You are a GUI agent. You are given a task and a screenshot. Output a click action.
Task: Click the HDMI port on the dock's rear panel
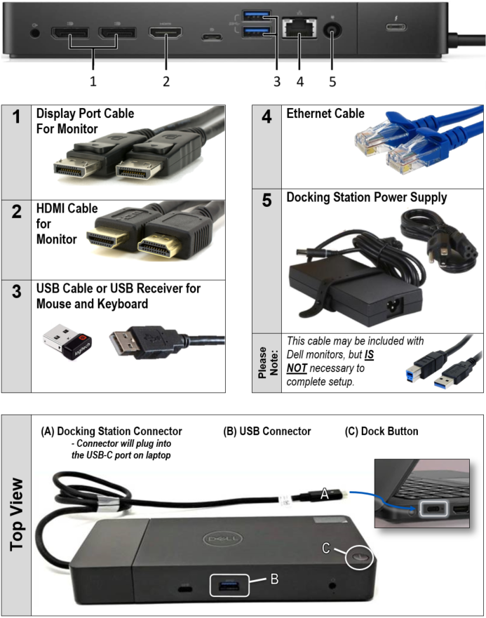(166, 33)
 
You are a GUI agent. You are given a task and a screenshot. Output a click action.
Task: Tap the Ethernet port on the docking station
(299, 28)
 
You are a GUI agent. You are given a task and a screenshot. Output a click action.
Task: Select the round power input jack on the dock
(332, 30)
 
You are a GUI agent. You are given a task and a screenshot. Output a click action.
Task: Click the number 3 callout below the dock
(277, 81)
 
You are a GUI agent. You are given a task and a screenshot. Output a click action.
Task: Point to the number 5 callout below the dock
(332, 81)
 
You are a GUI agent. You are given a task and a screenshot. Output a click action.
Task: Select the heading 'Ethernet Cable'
(325, 114)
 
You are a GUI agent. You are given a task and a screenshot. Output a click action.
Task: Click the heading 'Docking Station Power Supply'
(367, 197)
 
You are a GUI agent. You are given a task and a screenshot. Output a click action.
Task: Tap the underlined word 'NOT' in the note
(297, 368)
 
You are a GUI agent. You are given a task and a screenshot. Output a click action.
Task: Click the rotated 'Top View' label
(17, 514)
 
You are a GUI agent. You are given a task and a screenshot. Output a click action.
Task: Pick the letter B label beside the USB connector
(274, 579)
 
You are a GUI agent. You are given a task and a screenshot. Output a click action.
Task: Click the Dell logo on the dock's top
(222, 539)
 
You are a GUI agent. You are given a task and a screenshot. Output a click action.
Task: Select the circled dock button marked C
(359, 557)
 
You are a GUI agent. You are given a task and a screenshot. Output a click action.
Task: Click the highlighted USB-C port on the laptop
(433, 509)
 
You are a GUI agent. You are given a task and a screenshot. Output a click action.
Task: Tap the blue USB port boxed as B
(229, 585)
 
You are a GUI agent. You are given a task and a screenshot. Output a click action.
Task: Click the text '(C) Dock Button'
(382, 431)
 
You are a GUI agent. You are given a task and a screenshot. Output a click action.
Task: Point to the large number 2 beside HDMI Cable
(17, 212)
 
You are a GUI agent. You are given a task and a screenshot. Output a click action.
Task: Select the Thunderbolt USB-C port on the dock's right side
(396, 27)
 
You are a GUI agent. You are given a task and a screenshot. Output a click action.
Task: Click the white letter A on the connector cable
(325, 493)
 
